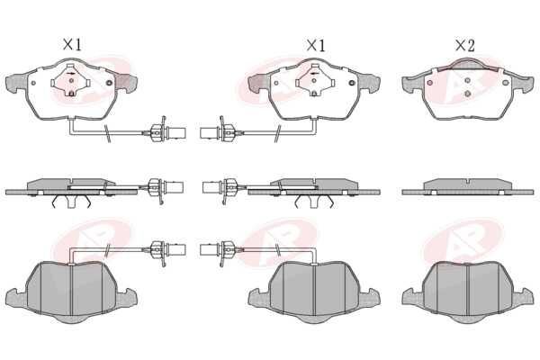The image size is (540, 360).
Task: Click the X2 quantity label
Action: (465, 45)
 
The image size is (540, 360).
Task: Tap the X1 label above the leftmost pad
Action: (72, 44)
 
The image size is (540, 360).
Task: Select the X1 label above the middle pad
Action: (316, 45)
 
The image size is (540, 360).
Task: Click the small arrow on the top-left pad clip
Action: (71, 74)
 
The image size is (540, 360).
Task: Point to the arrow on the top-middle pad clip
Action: (314, 74)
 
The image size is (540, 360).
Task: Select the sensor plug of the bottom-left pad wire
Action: (177, 250)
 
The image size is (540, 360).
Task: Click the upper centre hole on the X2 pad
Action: (467, 81)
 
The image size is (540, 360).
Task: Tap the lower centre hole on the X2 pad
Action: (467, 94)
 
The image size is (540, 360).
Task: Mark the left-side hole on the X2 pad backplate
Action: (429, 83)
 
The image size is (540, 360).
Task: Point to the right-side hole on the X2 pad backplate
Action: (505, 83)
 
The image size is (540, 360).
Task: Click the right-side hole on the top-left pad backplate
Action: (110, 83)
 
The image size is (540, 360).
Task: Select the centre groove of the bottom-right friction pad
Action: (467, 290)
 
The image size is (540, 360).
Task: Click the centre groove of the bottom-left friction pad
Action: (71, 290)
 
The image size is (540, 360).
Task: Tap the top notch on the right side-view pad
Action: (467, 181)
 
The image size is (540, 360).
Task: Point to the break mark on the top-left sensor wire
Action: (108, 133)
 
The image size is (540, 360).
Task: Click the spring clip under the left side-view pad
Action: (71, 201)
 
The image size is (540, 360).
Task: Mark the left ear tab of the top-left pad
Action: (16, 83)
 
